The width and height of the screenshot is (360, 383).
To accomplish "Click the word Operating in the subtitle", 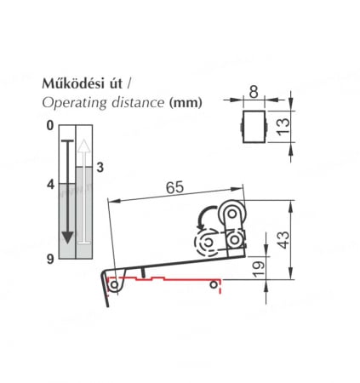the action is click(x=73, y=103).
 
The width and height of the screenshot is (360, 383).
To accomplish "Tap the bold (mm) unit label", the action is click(x=186, y=102).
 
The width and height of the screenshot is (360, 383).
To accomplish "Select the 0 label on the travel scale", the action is click(x=50, y=125).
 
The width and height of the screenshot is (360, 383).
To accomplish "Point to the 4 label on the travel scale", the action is click(x=50, y=185).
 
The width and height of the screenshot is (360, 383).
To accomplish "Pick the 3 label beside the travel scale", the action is click(x=100, y=168).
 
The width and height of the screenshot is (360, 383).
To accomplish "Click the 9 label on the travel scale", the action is click(x=50, y=259).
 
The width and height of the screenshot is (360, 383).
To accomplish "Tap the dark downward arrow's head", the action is click(x=67, y=237).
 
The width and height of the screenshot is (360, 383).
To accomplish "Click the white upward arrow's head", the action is click(x=83, y=146).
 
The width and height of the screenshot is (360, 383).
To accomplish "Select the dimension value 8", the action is click(x=254, y=92).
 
